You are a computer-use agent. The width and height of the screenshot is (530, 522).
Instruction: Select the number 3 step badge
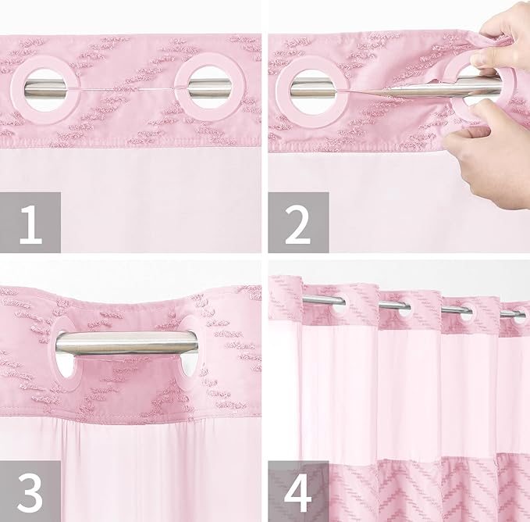tap(30, 490)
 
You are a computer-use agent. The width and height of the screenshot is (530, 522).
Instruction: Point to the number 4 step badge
tap(298, 490)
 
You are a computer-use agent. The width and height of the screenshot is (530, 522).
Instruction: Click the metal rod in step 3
tap(125, 342)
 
